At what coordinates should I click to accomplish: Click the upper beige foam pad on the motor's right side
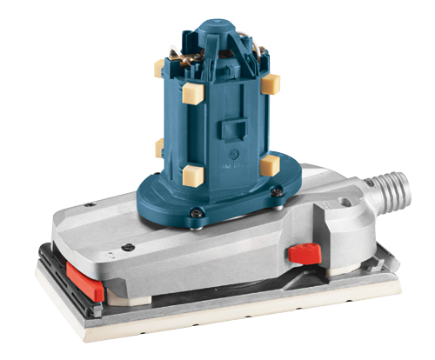pyautogui.click(x=271, y=83)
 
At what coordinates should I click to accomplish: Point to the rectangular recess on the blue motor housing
pyautogui.click(x=231, y=128)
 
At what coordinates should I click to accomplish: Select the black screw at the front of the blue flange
pyautogui.click(x=198, y=210)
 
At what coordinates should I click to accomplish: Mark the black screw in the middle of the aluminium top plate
pyautogui.click(x=128, y=247)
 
